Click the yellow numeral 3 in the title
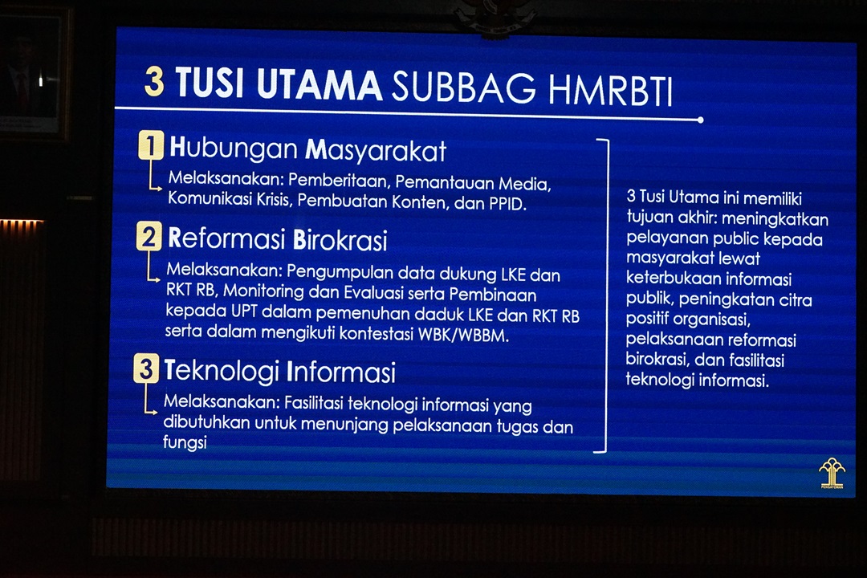click(x=154, y=83)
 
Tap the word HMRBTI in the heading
click(x=610, y=90)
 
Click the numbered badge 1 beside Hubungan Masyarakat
click(x=151, y=145)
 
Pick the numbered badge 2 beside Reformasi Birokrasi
click(x=149, y=236)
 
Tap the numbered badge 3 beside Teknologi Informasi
click(x=146, y=368)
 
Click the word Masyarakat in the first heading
click(x=376, y=150)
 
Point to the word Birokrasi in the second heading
click(x=340, y=239)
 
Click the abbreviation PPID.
click(x=507, y=204)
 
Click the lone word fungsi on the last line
click(x=185, y=442)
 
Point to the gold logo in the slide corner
click(x=832, y=473)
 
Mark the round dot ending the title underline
click(x=701, y=120)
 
